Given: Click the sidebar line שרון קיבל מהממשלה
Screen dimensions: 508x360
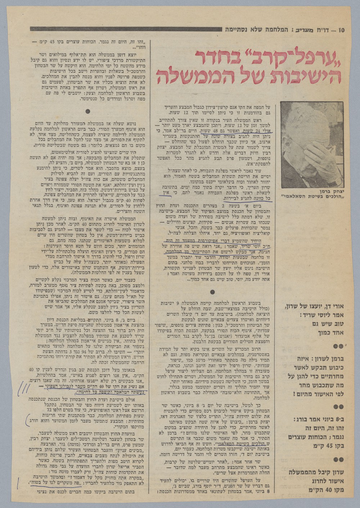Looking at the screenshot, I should click(x=313, y=471).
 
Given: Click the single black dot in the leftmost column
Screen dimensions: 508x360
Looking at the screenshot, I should click(x=87, y=112).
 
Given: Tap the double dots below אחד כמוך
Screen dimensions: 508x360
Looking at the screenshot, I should click(x=338, y=346).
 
